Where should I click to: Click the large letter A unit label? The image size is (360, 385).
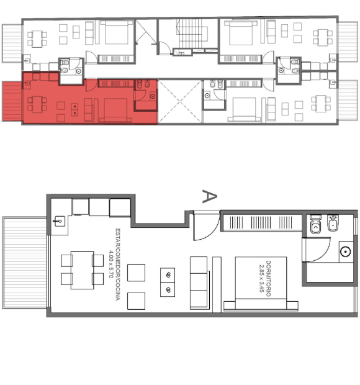210,196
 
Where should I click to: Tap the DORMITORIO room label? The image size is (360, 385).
268,278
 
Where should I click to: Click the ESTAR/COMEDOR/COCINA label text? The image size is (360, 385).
118,265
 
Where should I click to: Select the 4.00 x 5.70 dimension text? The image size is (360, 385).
111,264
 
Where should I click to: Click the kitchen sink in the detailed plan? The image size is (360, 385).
59,222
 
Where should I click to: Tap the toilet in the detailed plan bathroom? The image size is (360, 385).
315,224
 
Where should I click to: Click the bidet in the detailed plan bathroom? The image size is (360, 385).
333,223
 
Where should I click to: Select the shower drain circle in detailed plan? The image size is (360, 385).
346,251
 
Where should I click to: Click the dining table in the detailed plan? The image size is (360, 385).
82,270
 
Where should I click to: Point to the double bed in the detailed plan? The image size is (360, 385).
261,284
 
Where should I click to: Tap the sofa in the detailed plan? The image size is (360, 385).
199,283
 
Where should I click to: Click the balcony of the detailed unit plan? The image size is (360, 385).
25,262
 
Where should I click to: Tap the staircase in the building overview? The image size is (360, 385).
192,34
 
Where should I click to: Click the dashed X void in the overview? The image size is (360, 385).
180,101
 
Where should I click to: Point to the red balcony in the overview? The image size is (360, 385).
12,101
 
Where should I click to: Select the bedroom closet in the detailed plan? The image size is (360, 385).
262,222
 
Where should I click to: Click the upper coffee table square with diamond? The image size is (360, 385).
168,275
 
